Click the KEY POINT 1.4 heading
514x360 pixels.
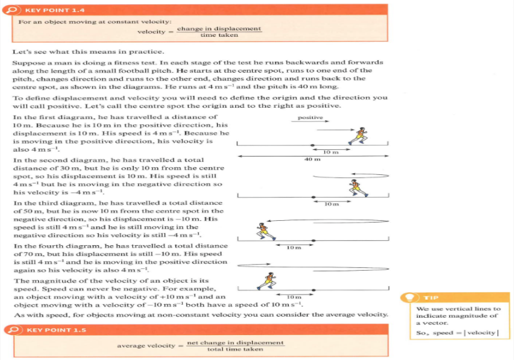click(x=46, y=10)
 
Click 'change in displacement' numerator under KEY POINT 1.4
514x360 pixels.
click(x=219, y=29)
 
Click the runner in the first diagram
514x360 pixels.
click(x=358, y=136)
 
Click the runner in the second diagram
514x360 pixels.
click(x=356, y=187)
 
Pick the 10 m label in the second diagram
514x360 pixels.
click(x=331, y=204)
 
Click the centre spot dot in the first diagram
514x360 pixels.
click(x=314, y=145)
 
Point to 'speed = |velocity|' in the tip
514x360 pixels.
click(x=457, y=333)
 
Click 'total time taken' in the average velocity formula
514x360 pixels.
click(x=235, y=349)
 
